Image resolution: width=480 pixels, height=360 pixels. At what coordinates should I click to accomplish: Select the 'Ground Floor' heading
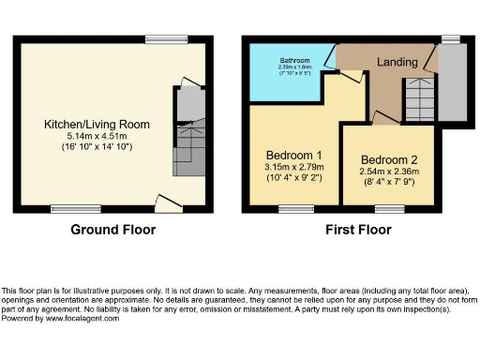click(112, 229)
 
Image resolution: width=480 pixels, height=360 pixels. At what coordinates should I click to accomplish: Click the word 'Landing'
click(397, 62)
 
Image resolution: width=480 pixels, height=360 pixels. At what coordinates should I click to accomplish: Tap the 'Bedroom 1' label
click(294, 155)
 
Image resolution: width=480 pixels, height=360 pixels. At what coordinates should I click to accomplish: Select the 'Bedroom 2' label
click(387, 159)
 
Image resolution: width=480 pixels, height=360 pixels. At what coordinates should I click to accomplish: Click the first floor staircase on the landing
click(418, 98)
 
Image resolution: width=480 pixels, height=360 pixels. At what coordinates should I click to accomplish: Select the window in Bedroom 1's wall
click(296, 210)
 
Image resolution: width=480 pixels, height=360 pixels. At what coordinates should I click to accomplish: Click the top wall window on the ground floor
click(159, 39)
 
